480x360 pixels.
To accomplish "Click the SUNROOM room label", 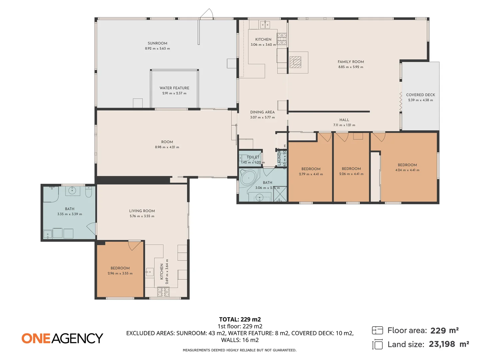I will [x=157, y=43].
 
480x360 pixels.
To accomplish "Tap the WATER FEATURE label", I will [x=174, y=88].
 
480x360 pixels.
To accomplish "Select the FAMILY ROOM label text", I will [x=351, y=62].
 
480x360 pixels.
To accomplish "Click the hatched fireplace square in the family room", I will [x=295, y=62].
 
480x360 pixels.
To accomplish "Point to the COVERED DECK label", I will [x=420, y=95].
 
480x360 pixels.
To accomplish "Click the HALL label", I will [x=344, y=120].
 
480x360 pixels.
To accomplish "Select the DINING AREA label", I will [x=262, y=112].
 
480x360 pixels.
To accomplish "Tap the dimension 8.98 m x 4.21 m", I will [x=167, y=147].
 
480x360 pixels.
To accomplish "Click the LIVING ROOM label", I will [x=142, y=211].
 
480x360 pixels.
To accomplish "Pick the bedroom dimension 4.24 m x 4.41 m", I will [x=407, y=170].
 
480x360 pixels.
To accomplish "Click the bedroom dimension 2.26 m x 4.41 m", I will [x=351, y=174].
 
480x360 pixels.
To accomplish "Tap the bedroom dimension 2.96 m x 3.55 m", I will [x=120, y=273].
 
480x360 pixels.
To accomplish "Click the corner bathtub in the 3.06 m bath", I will [x=248, y=178].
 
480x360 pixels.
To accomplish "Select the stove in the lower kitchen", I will [x=163, y=292].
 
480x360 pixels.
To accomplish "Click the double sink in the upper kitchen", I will [x=265, y=25].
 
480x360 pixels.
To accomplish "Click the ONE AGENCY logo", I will [x=62, y=338].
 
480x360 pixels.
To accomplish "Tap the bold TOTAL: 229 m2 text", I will [x=240, y=319].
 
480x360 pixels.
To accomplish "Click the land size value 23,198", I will [x=442, y=344].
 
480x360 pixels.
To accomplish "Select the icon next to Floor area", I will [x=377, y=330].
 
